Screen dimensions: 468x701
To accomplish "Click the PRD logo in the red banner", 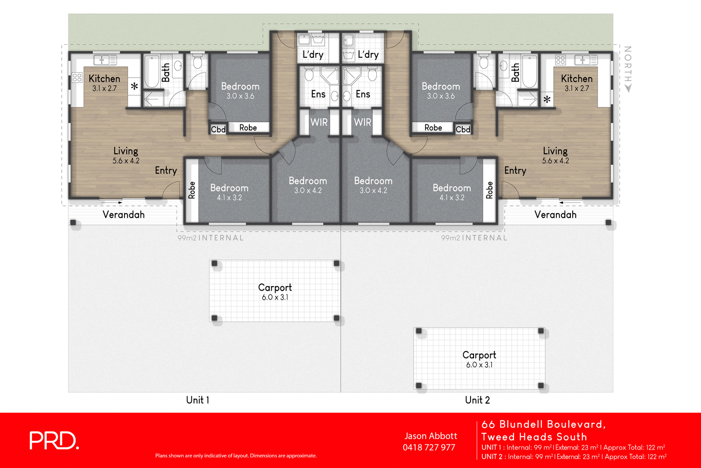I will pos(54,440).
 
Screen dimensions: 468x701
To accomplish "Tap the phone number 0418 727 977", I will pos(429,447).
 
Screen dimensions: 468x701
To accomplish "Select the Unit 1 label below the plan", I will pos(198,400).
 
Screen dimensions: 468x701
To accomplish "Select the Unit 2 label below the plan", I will pos(477,400).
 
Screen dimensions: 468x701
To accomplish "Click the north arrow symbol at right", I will pos(628,88).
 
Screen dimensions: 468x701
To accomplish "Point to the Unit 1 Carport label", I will pos(275,288).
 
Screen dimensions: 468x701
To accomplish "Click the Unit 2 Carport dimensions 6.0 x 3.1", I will pos(479,365).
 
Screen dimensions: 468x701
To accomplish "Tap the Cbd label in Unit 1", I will pos(218,129).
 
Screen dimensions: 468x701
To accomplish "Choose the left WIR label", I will pos(319,122).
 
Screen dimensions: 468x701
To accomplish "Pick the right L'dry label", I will pos(368,55).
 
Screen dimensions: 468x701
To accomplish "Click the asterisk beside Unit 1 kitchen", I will pos(135,86).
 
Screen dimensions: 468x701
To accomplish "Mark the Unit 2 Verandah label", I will pos(555,215).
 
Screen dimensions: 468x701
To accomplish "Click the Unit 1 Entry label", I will pos(166,170).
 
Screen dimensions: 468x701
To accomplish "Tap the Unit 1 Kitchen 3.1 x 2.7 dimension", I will pos(104,89).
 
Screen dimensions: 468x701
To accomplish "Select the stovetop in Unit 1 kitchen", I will pos(77,78).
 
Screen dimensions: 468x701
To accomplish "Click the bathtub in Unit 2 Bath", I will pos(529,71).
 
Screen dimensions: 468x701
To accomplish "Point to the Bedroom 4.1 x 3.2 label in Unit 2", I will pos(452,192).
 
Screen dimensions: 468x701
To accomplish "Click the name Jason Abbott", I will pos(431,436).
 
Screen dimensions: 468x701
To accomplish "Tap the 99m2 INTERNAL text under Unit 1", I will pos(210,238).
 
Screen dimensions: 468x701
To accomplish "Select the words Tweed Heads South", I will pos(534,437).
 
